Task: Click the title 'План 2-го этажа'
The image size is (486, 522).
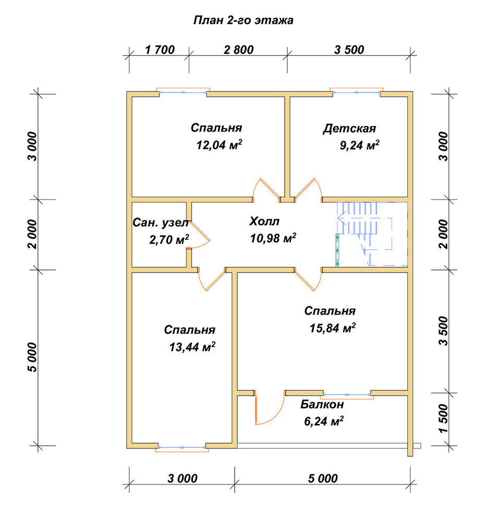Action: tap(243, 21)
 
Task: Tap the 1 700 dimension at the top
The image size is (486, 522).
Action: tap(160, 50)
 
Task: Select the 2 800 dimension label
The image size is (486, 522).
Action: tap(238, 50)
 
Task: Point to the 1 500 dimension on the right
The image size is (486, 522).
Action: tap(444, 419)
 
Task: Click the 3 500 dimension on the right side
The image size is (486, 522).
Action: tap(444, 331)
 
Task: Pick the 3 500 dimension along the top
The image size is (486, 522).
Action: tap(349, 50)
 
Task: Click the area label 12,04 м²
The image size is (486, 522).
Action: tap(219, 145)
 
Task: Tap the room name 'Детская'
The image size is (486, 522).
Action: tap(349, 128)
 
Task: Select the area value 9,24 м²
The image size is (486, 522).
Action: tap(360, 146)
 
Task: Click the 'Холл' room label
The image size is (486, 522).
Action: tap(264, 221)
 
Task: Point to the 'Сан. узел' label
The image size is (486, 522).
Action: tap(161, 223)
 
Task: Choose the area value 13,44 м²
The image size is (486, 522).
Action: tap(192, 347)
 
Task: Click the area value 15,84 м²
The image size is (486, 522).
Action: tap(333, 328)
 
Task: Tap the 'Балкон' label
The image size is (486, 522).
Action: tap(322, 405)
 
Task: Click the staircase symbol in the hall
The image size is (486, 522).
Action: tap(372, 234)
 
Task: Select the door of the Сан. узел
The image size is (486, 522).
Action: tap(199, 234)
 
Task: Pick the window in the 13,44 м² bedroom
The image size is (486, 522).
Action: tap(182, 448)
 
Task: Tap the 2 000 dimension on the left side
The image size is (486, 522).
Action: tap(33, 234)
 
